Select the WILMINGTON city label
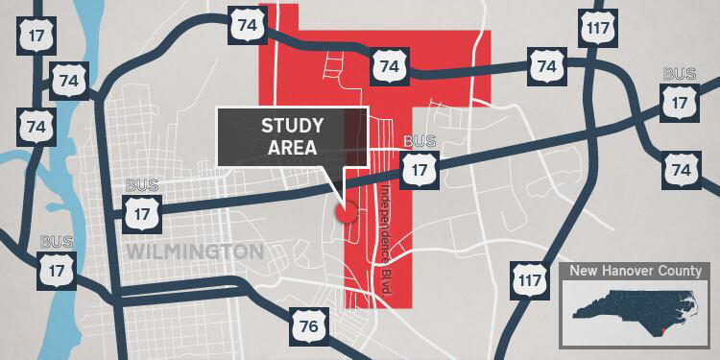tap(195, 252)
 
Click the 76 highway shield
tap(307, 327)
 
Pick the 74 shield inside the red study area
tap(388, 66)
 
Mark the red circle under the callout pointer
tap(346, 213)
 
